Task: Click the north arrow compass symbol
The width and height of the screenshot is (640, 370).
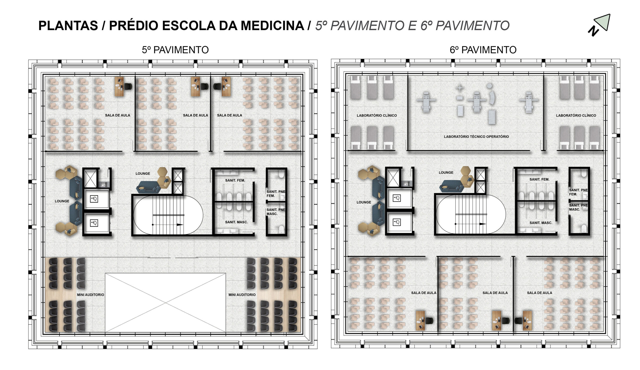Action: pos(599,25)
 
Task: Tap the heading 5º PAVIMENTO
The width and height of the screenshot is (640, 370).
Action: pos(175,50)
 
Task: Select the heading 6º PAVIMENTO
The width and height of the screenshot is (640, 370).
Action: pos(483,50)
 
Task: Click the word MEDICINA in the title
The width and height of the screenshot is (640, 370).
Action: pos(272,26)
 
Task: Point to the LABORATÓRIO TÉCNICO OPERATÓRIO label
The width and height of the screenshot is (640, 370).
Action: pos(476,137)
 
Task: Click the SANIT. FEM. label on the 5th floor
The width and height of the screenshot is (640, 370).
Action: pos(235,180)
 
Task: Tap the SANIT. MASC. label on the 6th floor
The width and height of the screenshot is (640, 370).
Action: pos(541,223)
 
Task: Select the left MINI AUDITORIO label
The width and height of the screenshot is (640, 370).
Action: pos(91,295)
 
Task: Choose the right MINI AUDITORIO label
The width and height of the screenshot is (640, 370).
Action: pos(242,295)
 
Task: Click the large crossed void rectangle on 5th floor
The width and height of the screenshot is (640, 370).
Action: pos(165,303)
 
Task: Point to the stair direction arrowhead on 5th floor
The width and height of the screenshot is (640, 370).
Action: pos(180,225)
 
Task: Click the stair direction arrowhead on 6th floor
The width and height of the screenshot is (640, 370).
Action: pos(482,224)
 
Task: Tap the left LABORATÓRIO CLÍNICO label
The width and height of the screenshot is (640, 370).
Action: pos(377,115)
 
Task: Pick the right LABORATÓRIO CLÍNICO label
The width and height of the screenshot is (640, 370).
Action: pos(576,115)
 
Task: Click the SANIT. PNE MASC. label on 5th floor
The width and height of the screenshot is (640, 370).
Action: pos(276,212)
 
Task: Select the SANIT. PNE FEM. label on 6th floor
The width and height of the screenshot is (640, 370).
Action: pos(578,192)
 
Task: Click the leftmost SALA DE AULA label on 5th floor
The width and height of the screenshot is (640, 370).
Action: pos(117,115)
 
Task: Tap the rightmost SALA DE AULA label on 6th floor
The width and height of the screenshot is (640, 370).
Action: pos(539,293)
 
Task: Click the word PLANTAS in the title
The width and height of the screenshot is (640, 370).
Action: pos(68,26)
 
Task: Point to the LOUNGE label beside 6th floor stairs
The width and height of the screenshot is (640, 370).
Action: pos(446,173)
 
